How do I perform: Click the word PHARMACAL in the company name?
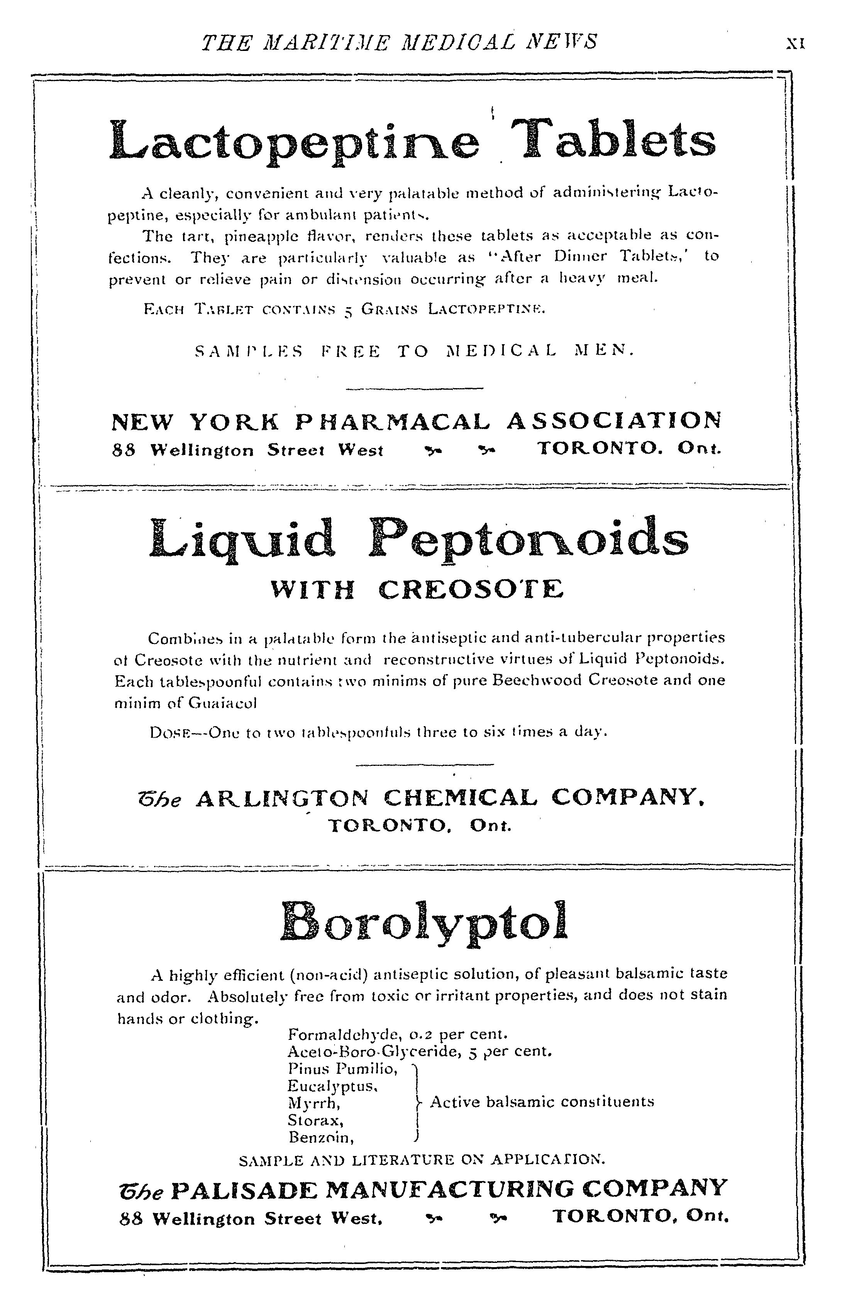click(x=392, y=421)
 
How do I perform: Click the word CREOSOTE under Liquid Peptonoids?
click(x=471, y=590)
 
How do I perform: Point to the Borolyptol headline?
click(x=424, y=923)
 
